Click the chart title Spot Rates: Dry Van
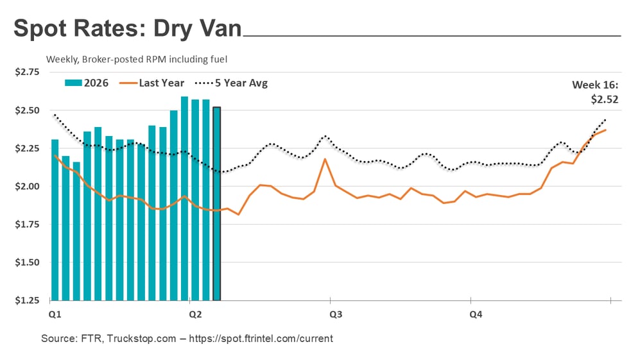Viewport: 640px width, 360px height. click(128, 29)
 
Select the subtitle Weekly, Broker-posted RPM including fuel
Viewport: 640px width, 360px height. click(137, 59)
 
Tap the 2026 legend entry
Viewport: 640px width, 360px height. click(87, 83)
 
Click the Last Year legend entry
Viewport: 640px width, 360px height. click(157, 83)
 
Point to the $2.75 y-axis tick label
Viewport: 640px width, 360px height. click(26, 73)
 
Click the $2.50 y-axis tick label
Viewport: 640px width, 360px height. click(26, 110)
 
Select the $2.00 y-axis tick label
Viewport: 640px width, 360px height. click(26, 187)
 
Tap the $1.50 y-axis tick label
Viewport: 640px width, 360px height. click(26, 262)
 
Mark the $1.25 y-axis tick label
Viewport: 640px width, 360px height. click(26, 300)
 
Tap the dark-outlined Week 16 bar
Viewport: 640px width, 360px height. click(217, 205)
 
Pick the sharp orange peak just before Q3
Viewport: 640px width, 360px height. click(325, 159)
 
